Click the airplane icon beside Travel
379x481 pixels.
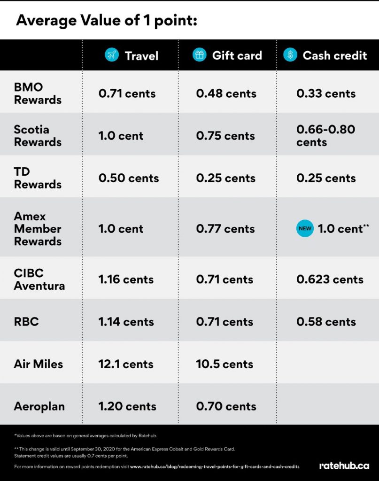click(x=112, y=55)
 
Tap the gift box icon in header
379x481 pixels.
click(x=200, y=55)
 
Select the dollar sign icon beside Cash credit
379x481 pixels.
click(x=290, y=55)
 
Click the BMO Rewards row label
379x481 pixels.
click(x=38, y=93)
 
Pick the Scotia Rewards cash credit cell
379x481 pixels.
click(x=325, y=136)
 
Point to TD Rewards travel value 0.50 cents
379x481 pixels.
click(x=129, y=178)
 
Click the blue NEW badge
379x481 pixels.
click(x=305, y=229)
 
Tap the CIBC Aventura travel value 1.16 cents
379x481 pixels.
click(x=126, y=279)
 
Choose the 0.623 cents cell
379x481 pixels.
click(x=330, y=279)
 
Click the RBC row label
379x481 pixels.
click(x=26, y=322)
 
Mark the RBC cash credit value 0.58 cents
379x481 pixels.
click(x=326, y=322)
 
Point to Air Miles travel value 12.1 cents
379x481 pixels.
click(x=126, y=364)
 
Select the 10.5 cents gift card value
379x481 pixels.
click(x=224, y=364)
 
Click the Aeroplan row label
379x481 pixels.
click(x=39, y=406)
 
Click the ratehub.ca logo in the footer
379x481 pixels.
click(x=344, y=466)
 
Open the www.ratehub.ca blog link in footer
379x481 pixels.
click(x=215, y=466)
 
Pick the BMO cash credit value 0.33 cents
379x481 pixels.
click(x=326, y=93)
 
